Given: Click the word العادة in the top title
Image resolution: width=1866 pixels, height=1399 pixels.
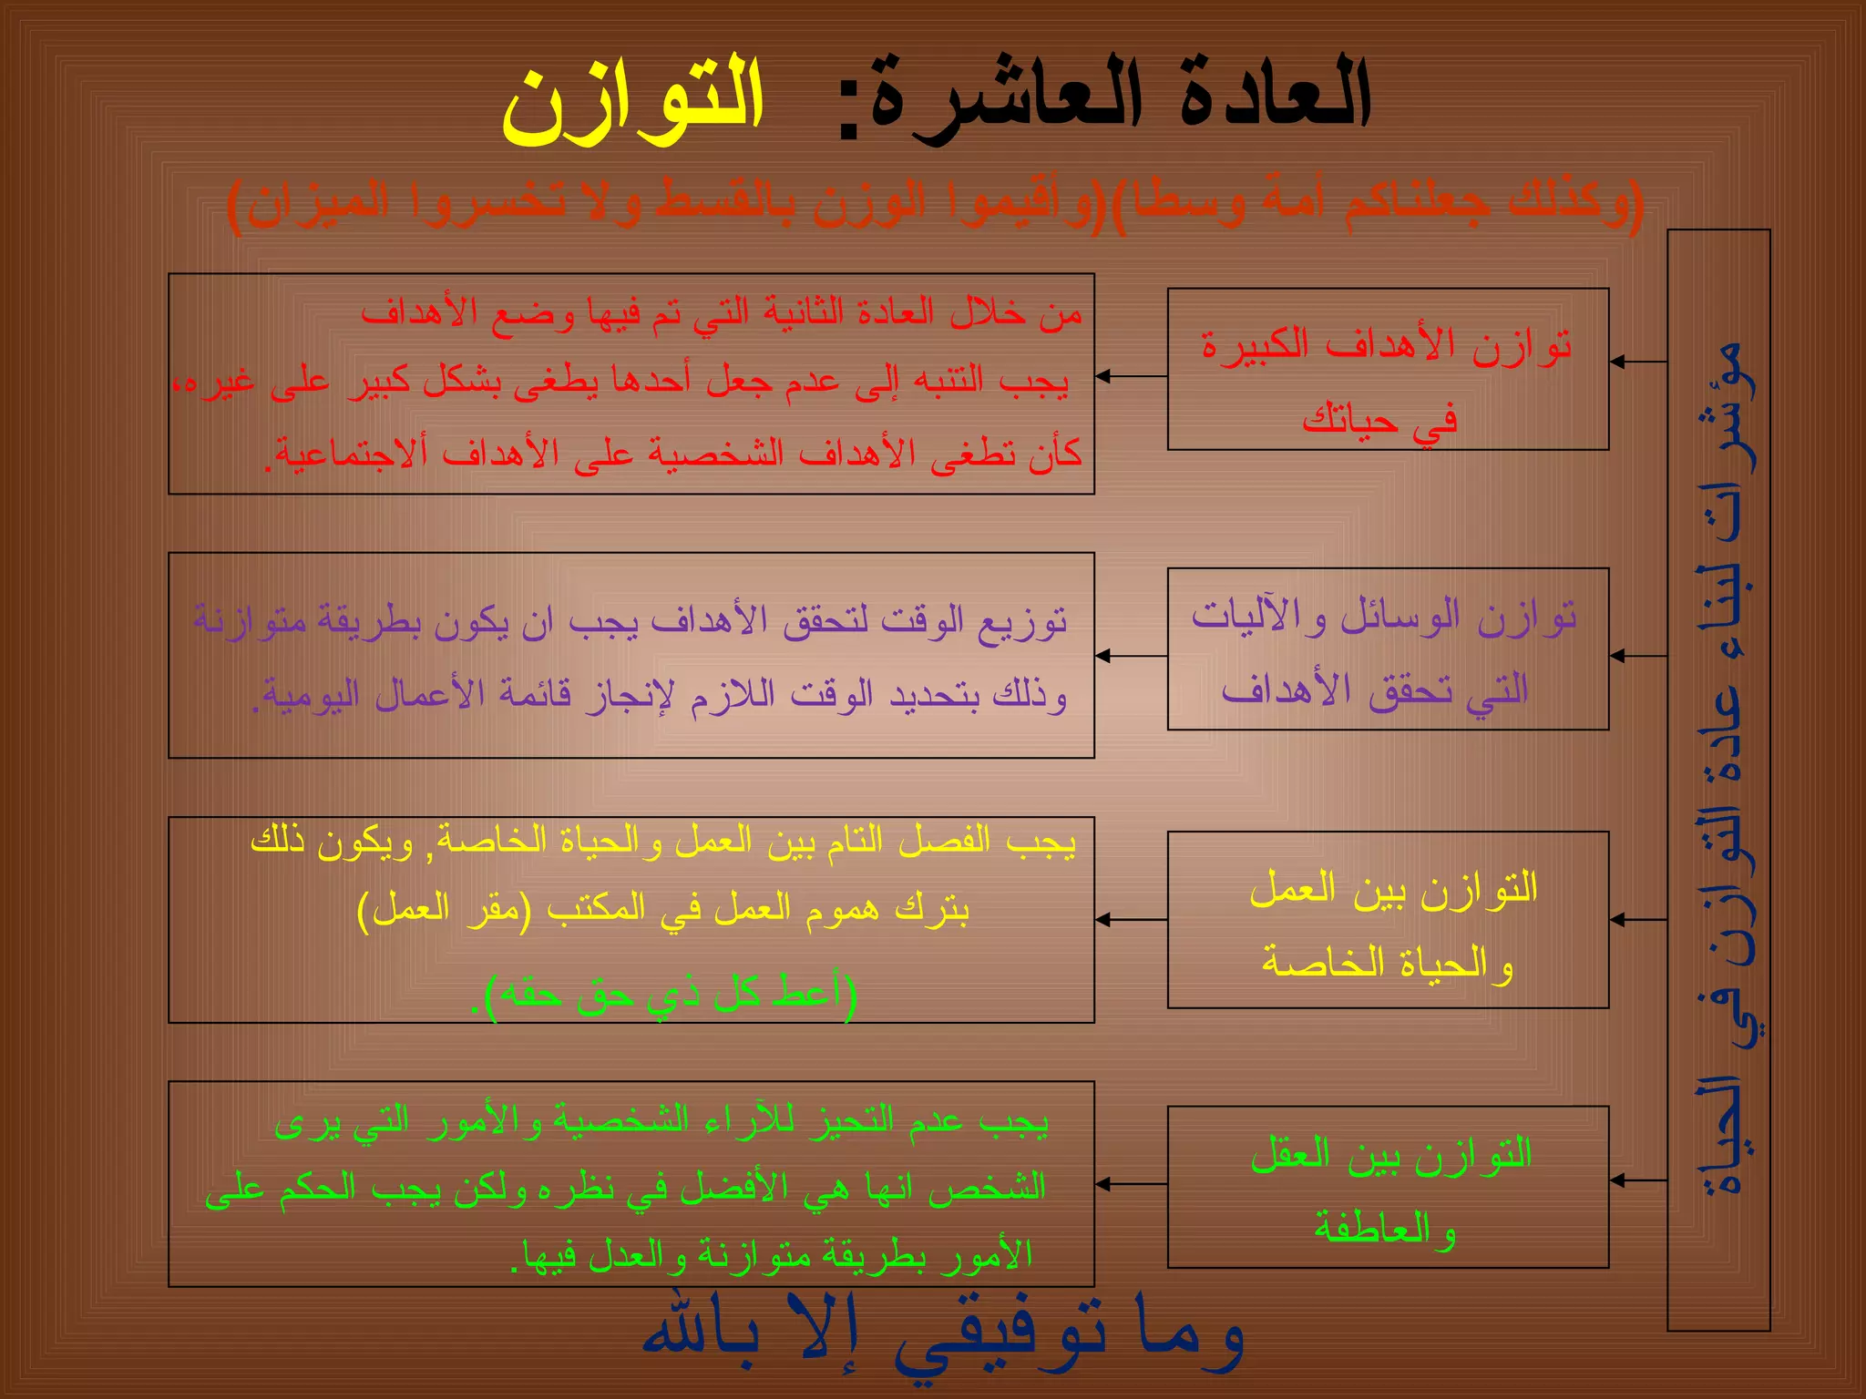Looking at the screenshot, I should point(1276,96).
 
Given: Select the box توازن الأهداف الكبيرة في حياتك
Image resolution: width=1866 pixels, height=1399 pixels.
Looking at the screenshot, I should point(1387,369).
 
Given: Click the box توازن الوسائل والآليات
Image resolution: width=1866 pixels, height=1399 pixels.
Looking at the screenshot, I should point(1387,648).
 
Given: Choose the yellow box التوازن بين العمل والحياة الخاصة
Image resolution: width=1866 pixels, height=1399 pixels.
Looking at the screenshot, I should point(1387,919).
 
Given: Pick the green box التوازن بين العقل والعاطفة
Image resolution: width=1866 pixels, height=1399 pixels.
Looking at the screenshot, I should point(1387,1186).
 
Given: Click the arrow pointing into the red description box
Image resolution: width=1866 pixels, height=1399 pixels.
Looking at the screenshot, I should point(1130,376).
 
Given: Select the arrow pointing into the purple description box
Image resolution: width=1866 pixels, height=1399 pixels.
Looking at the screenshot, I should point(1130,656).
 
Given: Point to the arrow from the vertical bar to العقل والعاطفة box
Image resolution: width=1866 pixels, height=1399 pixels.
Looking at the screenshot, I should point(1637,1180).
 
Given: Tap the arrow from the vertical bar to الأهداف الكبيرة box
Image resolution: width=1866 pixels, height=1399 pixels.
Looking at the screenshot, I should point(1637,363).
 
